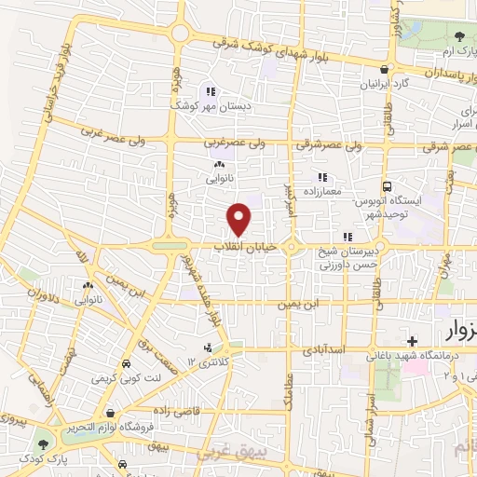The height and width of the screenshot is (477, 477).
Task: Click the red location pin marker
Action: click(240, 219)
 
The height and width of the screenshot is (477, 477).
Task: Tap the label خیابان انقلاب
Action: click(241, 246)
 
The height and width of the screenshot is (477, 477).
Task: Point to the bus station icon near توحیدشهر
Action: click(388, 185)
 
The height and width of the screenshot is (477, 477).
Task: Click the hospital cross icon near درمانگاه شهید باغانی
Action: click(411, 341)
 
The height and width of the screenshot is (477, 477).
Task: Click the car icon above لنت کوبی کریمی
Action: click(125, 365)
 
